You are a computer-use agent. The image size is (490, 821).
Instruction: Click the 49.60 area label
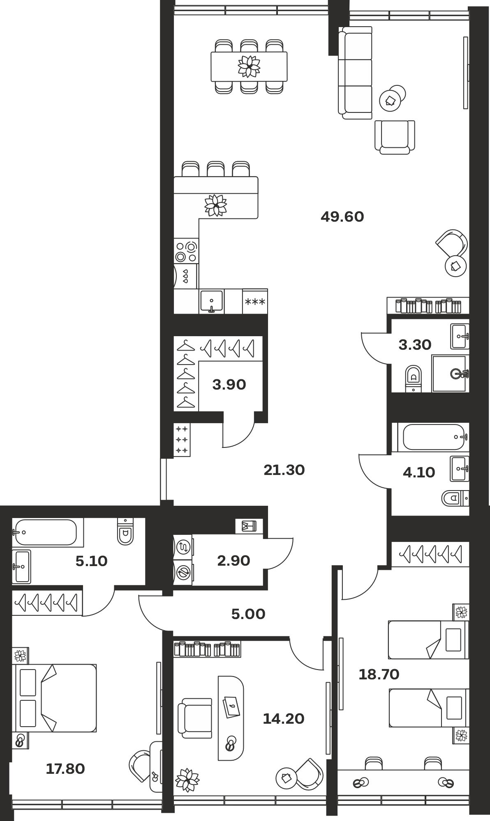342,217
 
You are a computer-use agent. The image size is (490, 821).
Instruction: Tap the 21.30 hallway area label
284,470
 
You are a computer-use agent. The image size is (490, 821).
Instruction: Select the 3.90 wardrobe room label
229,385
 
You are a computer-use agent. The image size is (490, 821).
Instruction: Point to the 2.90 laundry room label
233,561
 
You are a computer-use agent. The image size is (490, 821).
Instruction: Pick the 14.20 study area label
284,719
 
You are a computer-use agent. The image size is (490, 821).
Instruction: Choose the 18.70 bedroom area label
379,674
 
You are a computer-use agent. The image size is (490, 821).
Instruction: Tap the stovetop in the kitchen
186,251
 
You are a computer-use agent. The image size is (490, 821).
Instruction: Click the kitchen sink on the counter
211,301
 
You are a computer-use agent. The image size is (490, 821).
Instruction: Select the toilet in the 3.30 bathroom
414,378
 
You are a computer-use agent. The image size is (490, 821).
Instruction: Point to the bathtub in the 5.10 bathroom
45,532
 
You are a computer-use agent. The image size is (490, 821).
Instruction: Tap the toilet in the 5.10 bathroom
125,531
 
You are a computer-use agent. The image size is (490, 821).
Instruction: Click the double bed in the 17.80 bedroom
56,698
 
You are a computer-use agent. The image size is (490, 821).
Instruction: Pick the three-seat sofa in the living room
355,73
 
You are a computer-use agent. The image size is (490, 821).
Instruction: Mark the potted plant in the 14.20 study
187,780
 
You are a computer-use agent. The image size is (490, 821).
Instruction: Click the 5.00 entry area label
248,614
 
